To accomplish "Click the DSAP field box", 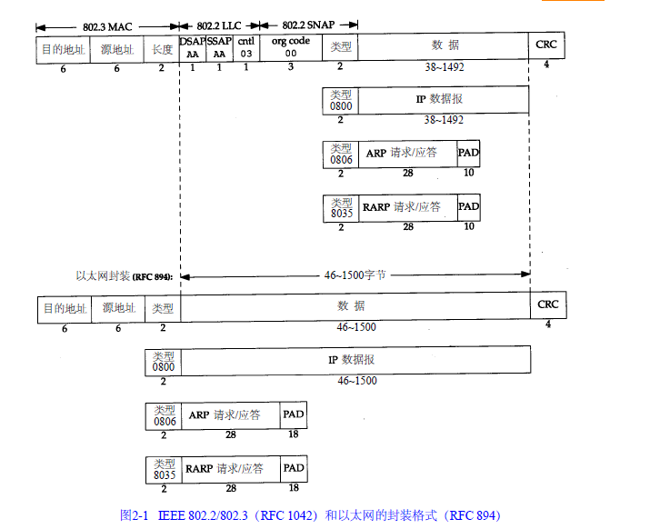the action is point(193,47).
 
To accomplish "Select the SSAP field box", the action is point(219,47).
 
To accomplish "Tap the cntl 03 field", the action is point(245,47).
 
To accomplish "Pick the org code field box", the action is point(291,47).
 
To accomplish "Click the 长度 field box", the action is point(161,47).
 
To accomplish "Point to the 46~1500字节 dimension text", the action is point(357,274).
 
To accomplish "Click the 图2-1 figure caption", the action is point(310,514).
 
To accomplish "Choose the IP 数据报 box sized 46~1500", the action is point(355,361).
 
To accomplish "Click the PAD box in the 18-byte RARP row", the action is point(294,469).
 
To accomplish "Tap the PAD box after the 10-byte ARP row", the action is point(468,154).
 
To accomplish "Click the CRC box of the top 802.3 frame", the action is point(545,47).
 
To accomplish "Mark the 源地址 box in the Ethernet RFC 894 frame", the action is point(118,309).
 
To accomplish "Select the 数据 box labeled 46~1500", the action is point(355,308).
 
